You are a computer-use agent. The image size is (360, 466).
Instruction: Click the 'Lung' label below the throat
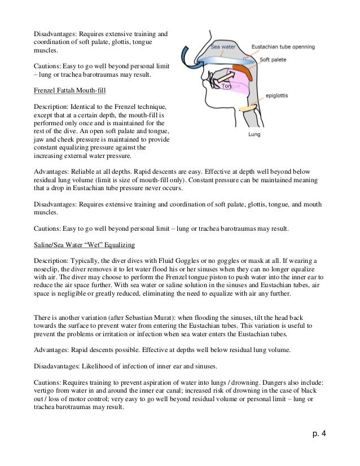click(255, 135)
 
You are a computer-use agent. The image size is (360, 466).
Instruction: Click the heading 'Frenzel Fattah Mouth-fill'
click(67, 90)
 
